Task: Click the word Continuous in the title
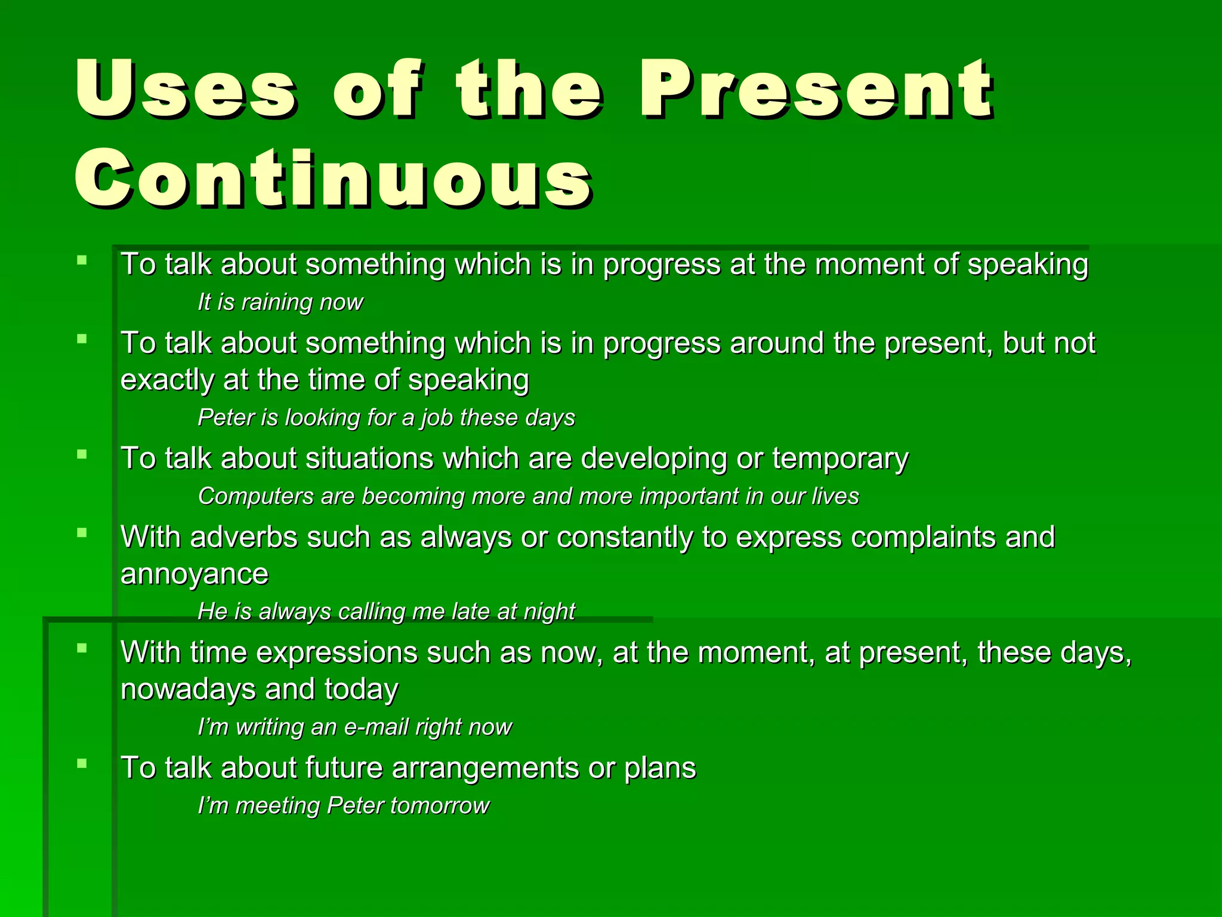pos(333,179)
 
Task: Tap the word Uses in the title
pos(185,90)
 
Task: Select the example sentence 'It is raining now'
pos(280,302)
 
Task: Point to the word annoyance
pos(195,574)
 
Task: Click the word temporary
pos(840,459)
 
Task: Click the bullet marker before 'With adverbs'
pos(82,533)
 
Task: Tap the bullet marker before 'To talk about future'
pos(82,763)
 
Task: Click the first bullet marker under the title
pos(82,260)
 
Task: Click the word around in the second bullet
pos(777,343)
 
